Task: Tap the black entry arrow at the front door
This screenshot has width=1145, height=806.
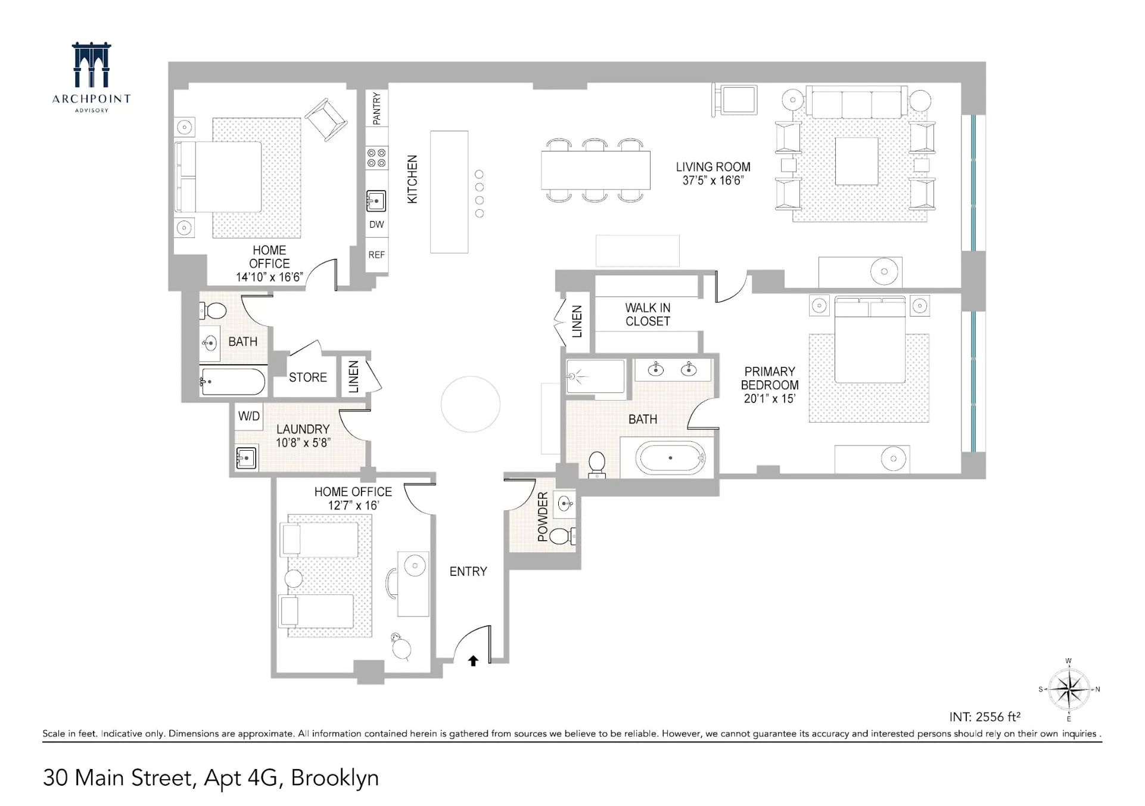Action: [473, 661]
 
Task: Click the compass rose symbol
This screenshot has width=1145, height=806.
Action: [1069, 689]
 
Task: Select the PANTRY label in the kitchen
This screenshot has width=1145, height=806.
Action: [377, 108]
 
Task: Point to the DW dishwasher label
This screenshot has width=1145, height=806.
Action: [377, 225]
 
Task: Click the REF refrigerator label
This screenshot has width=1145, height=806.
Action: [377, 255]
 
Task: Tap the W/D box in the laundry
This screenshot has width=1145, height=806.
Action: [249, 416]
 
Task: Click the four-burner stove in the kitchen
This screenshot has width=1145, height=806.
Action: [377, 158]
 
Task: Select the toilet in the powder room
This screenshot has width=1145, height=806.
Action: [561, 535]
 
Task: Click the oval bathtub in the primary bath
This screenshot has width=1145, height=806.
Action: [671, 458]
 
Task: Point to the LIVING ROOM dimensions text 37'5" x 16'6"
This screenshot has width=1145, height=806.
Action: [713, 181]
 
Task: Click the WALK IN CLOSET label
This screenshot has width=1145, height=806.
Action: [648, 315]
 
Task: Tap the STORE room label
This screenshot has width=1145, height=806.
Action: [308, 377]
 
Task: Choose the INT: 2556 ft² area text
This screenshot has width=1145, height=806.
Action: [985, 717]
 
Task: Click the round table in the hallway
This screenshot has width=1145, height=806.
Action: [471, 404]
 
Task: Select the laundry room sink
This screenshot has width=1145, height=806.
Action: [246, 458]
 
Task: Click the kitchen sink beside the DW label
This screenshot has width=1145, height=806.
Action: [376, 201]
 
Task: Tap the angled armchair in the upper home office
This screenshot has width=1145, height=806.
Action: [326, 119]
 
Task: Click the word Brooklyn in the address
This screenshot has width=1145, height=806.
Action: [335, 778]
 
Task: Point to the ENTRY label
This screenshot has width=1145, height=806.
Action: [468, 572]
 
